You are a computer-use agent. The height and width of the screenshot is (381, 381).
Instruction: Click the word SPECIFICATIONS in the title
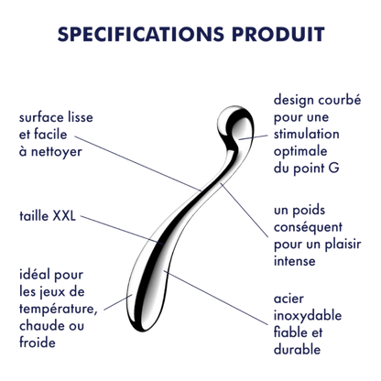click(x=141, y=34)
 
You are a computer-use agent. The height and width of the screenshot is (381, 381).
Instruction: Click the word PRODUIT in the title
click(x=278, y=34)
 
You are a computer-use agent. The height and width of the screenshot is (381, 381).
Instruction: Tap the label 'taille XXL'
click(x=48, y=216)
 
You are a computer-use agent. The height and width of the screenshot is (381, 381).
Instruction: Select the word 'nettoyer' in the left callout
click(x=57, y=152)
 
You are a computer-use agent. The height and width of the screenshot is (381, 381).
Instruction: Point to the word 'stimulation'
click(x=306, y=134)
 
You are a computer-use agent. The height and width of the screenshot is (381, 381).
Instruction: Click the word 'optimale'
click(x=300, y=152)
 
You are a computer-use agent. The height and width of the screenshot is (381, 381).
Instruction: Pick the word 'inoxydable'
click(x=308, y=316)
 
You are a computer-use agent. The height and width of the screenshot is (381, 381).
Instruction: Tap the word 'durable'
click(x=297, y=350)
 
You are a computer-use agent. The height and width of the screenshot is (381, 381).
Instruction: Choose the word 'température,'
click(x=59, y=309)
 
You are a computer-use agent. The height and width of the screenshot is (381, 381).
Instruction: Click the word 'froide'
click(x=38, y=343)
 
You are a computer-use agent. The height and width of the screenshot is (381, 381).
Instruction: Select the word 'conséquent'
click(x=308, y=227)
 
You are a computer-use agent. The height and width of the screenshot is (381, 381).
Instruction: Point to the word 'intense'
click(x=294, y=261)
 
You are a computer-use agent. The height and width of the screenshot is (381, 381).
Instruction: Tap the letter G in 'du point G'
click(x=334, y=169)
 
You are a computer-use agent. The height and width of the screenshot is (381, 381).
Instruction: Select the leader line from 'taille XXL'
click(x=123, y=230)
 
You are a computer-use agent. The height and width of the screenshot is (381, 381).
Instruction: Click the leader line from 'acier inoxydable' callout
click(x=216, y=297)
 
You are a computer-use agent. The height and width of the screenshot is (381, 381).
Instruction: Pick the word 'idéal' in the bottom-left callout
click(x=34, y=275)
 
